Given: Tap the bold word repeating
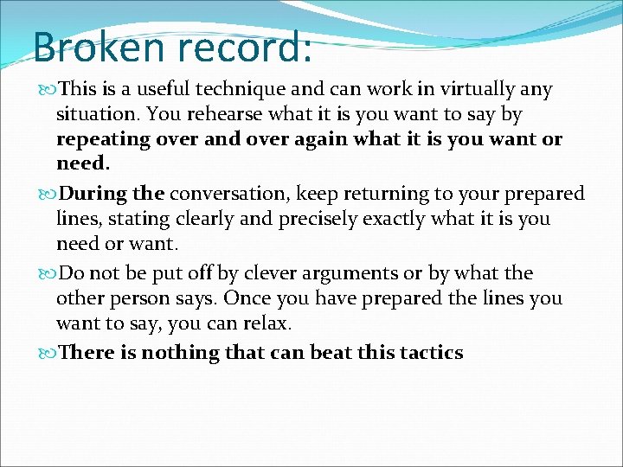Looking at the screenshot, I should coord(97,139).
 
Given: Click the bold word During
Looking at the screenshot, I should coord(93,194).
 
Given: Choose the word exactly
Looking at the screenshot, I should coord(369,219).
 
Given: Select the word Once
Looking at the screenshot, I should coord(265,298).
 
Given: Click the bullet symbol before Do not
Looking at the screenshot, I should coord(48,274).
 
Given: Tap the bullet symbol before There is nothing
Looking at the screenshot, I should coord(48,354).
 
